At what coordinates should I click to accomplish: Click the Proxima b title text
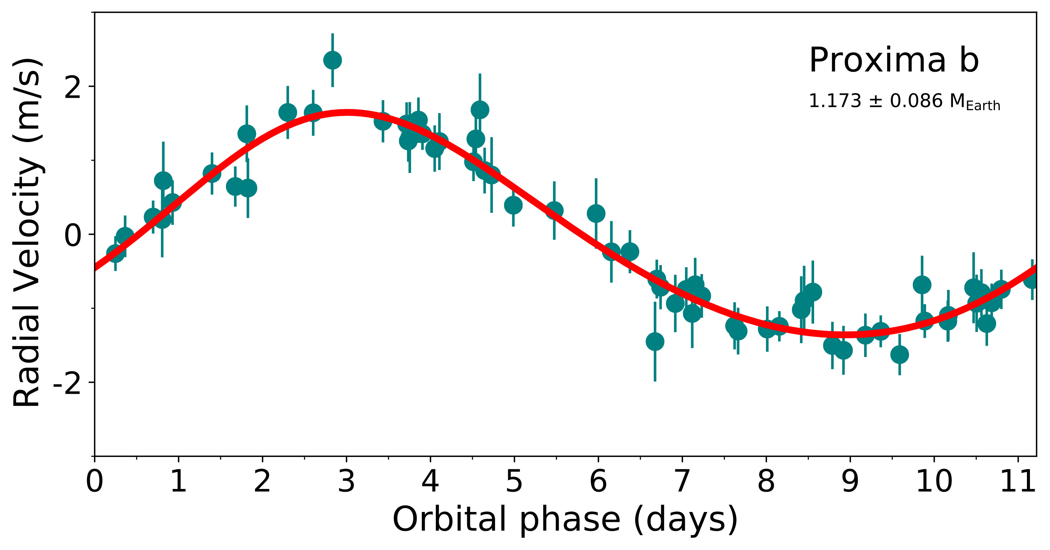click(x=893, y=61)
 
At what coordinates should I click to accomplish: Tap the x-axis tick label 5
click(x=514, y=482)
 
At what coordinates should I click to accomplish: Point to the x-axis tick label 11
click(x=1018, y=482)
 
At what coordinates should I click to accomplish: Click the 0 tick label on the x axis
click(x=95, y=482)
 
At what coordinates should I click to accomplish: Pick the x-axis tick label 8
click(x=766, y=482)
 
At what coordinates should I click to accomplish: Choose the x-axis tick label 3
click(x=346, y=482)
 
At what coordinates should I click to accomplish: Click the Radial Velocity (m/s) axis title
click(x=28, y=232)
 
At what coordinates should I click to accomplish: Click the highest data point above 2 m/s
click(x=333, y=60)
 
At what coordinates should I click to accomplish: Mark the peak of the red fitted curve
click(x=347, y=113)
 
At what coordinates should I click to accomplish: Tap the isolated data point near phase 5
click(x=513, y=205)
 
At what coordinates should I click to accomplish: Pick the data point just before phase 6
click(x=596, y=213)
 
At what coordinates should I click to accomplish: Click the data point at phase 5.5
click(x=554, y=211)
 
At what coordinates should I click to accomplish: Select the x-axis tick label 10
click(x=934, y=482)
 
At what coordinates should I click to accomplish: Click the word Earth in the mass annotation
click(x=983, y=106)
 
